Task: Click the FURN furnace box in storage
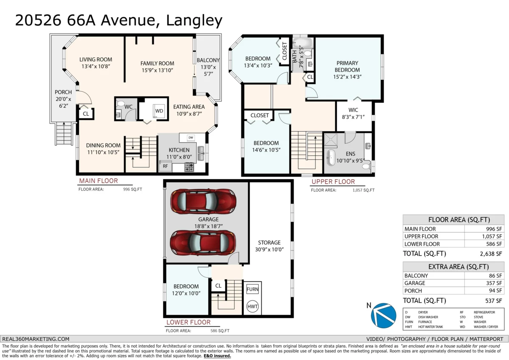point(252,289)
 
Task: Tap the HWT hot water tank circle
point(252,307)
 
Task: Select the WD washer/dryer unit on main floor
point(159,111)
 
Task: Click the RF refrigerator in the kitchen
point(165,166)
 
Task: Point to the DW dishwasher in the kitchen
point(190,138)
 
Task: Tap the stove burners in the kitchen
point(189,167)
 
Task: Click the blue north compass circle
point(383,315)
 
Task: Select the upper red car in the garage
point(203,201)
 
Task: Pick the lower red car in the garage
point(203,242)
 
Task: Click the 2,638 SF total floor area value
point(491,254)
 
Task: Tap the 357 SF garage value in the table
point(495,283)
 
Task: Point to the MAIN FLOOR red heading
point(98,181)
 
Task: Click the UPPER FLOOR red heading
point(333,182)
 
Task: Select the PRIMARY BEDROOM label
point(347,66)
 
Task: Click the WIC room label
point(353,110)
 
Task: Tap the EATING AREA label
point(189,107)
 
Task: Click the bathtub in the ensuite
point(331,157)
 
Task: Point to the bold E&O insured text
point(217,356)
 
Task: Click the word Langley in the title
point(194,21)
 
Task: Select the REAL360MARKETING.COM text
point(36,339)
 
